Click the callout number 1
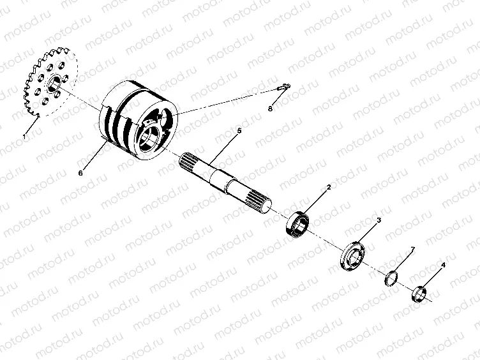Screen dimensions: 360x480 pyautogui.click(x=24, y=137)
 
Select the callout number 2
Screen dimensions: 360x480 pyautogui.click(x=329, y=188)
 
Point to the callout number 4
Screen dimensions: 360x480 pyautogui.click(x=443, y=264)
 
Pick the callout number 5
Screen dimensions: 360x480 pyautogui.click(x=239, y=131)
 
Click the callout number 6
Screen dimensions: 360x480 pyautogui.click(x=80, y=172)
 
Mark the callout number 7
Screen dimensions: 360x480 pyautogui.click(x=413, y=248)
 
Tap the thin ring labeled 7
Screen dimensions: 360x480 pyautogui.click(x=392, y=278)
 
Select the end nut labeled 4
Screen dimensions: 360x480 pyautogui.click(x=418, y=294)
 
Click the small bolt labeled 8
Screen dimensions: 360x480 pyautogui.click(x=285, y=89)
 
